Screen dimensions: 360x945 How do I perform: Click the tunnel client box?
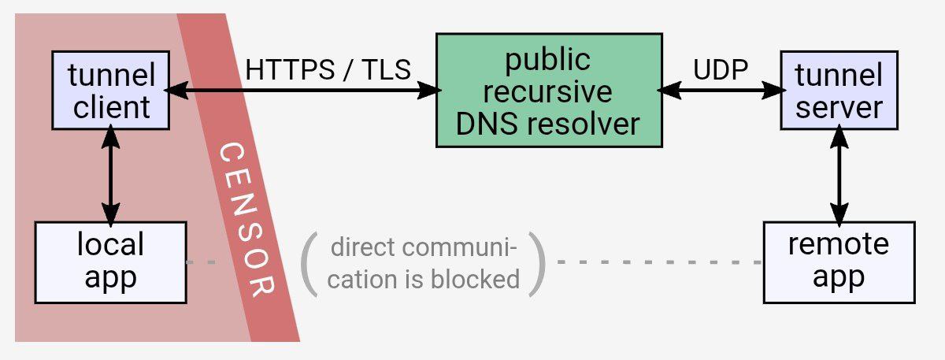(110, 91)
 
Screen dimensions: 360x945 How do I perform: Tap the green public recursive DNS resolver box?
(549, 91)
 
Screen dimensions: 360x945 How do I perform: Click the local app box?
(110, 262)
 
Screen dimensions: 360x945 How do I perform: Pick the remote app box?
(839, 262)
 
